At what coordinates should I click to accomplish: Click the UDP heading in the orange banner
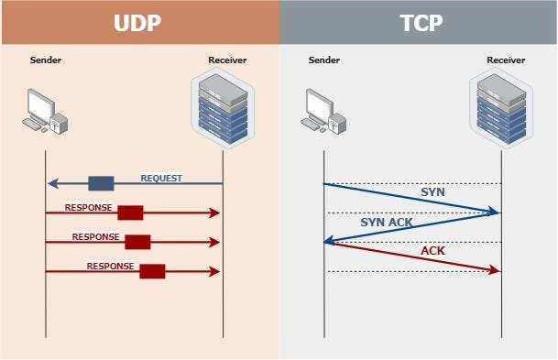(138, 23)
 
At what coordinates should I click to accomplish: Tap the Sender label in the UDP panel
(45, 61)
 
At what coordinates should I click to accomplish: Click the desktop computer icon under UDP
(44, 109)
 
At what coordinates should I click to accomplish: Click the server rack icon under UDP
(223, 110)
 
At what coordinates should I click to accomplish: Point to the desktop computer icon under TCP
(323, 109)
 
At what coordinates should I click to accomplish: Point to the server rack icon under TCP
(501, 110)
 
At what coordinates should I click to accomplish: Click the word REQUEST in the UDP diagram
(161, 178)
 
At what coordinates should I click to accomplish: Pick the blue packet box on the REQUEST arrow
(101, 183)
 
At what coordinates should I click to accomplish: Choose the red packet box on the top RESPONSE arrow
(130, 213)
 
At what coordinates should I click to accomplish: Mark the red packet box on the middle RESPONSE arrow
(137, 242)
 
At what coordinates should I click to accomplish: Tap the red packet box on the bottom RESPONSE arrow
(152, 270)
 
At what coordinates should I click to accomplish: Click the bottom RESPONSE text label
(110, 267)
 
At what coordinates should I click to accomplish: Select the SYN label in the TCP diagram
(432, 192)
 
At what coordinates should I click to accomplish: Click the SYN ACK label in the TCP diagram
(385, 222)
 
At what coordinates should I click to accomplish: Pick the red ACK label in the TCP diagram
(432, 250)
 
